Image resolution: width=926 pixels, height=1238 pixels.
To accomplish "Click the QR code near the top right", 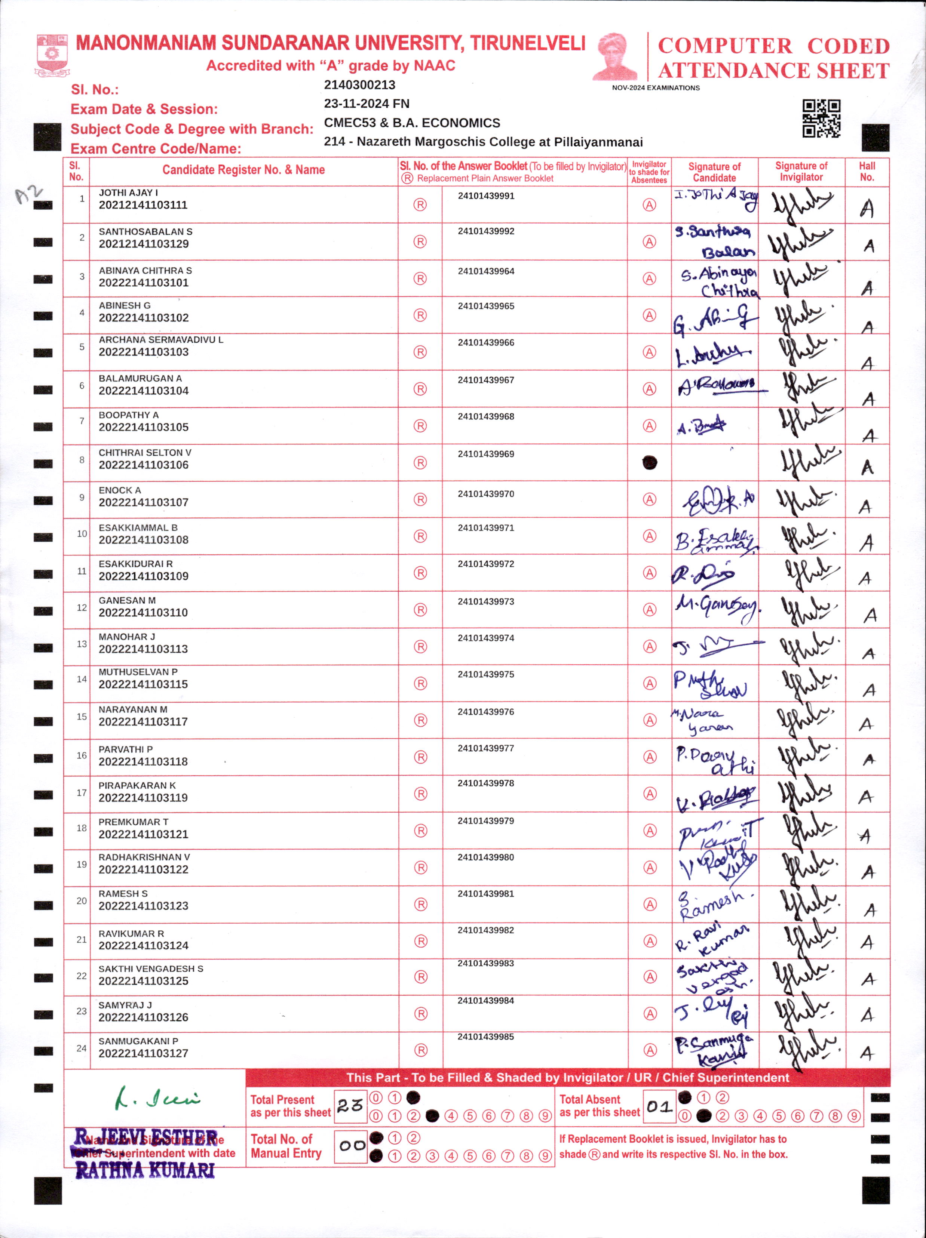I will tap(821, 118).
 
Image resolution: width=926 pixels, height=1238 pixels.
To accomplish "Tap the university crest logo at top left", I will tap(52, 55).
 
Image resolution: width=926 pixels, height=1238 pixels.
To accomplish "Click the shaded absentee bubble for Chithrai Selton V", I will tap(649, 463).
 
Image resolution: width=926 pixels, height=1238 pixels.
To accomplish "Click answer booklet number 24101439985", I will tap(485, 1037).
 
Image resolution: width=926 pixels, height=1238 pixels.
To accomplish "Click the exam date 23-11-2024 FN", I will tap(367, 104).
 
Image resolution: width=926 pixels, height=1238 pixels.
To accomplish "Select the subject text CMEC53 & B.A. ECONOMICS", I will tap(412, 123).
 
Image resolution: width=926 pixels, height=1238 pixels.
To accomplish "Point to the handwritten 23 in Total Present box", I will tap(350, 1105).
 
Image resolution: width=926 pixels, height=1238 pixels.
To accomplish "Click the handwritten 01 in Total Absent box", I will tap(659, 1106).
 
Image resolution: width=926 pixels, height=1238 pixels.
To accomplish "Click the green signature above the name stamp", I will tap(157, 1098).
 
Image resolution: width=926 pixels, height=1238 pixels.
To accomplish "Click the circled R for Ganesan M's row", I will tap(420, 610).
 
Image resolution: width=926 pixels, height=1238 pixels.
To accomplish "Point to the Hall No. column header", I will tap(867, 171).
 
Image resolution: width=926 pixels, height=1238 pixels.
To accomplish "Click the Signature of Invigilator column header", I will tap(801, 171).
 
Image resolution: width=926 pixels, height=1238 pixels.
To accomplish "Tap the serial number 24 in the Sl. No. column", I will tap(82, 1048).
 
